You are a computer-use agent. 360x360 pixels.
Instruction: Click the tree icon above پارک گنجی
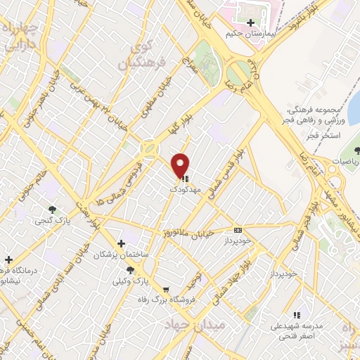pos(52,209)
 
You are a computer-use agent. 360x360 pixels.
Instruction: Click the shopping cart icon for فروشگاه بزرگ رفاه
pos(165,289)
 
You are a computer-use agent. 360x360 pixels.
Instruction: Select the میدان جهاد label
pos(193,324)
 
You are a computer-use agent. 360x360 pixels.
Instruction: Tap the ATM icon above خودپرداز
pos(237,229)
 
